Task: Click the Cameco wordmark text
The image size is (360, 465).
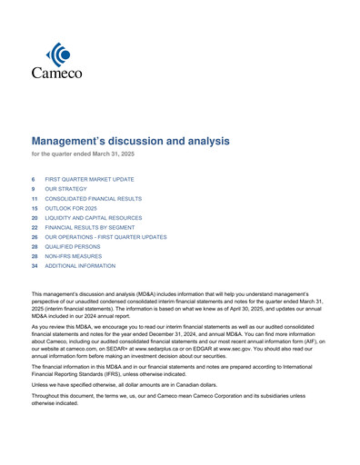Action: [56, 73]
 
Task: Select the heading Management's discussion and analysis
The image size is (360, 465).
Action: [131, 142]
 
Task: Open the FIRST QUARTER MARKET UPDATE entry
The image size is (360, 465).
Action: [89, 180]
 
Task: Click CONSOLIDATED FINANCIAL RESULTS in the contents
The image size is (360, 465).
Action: [93, 199]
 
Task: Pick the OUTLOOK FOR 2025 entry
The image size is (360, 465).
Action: [71, 208]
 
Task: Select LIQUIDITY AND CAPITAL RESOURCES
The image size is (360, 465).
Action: [94, 218]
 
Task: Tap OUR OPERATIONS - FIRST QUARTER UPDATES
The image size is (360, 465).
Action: [105, 237]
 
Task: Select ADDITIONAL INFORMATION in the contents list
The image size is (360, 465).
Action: [80, 266]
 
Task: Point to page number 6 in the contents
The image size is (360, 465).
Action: [34, 180]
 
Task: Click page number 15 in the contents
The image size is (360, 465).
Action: [35, 208]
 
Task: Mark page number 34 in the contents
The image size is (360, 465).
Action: [35, 266]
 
